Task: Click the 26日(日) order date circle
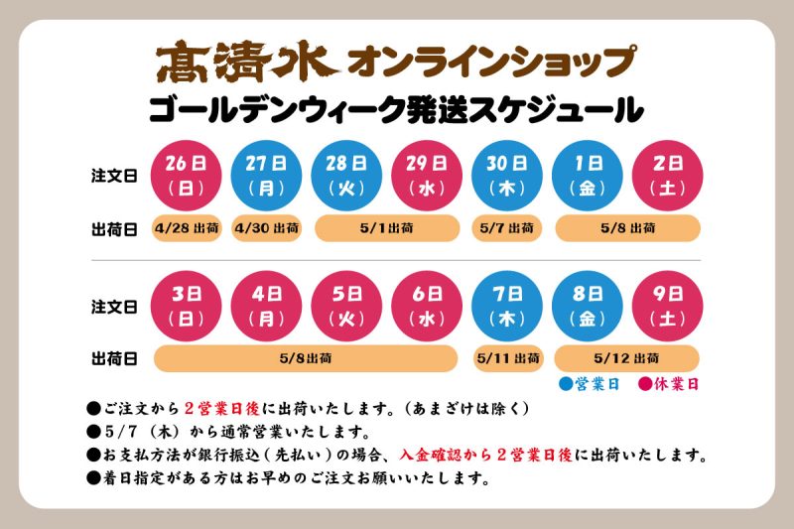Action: (186, 175)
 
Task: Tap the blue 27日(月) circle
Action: (266, 175)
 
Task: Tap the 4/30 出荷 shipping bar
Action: (267, 228)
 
